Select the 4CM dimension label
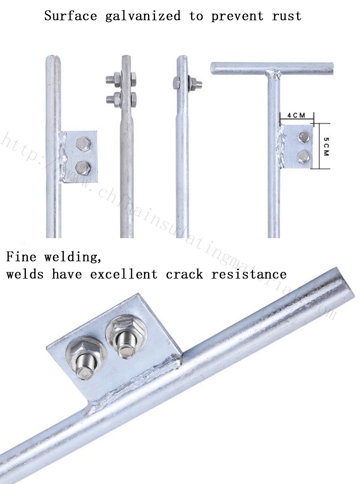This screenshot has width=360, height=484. pos(296,116)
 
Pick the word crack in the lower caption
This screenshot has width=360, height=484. pos(186,274)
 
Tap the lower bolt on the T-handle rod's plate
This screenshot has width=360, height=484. pos(303,156)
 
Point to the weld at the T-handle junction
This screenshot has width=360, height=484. pos(274,74)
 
